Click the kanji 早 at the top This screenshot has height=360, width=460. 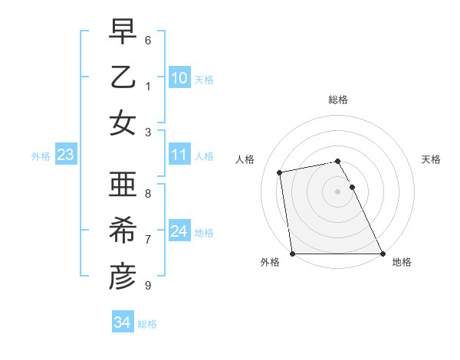coord(122,31)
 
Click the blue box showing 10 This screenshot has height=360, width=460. coord(179,78)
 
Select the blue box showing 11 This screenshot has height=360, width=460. coord(179,155)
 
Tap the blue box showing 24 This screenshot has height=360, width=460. coord(179,231)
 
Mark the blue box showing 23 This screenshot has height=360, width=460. coord(66,155)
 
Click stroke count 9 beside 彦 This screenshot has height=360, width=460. coord(148,286)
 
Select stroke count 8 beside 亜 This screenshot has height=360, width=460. coord(148,194)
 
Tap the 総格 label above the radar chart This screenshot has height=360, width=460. coord(338,100)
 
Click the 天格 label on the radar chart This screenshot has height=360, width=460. coord(432,159)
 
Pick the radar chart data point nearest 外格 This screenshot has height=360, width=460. coord(293,254)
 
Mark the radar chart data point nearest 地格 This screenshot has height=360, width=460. coord(383,254)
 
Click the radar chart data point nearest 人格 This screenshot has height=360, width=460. coord(281,172)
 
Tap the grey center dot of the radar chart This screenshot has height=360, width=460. coord(338,191)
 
